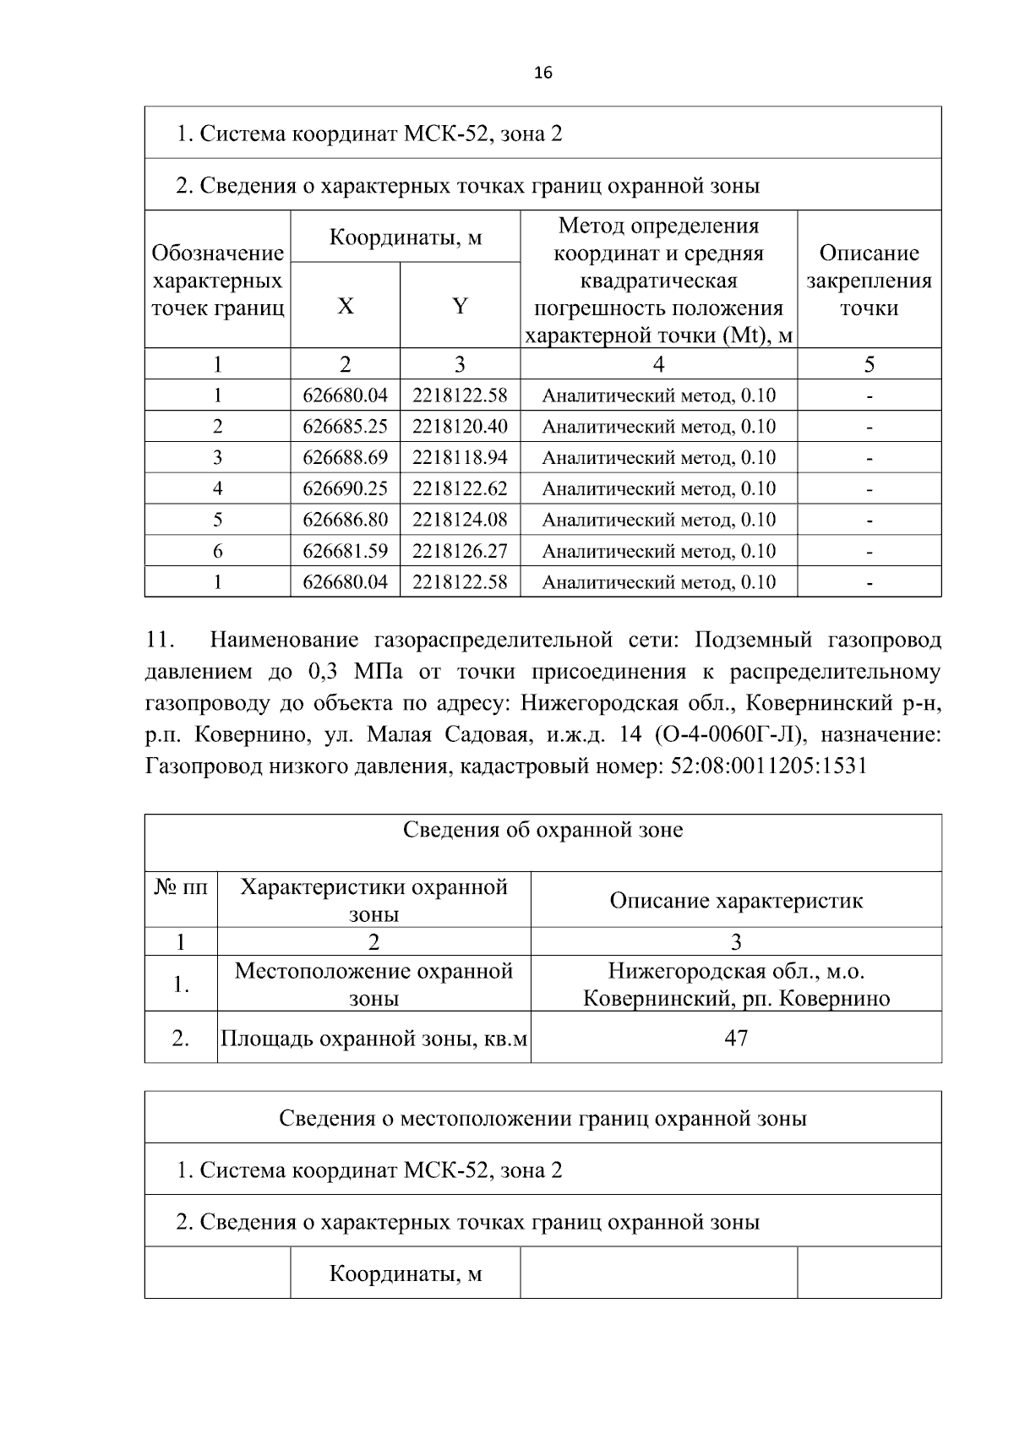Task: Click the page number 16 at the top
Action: pos(543,74)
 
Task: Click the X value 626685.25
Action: pos(345,427)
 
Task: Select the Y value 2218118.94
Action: pos(460,458)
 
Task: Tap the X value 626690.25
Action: pos(345,488)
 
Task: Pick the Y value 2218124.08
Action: pos(460,520)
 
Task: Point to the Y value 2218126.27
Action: pos(460,551)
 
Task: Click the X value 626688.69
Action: pos(345,458)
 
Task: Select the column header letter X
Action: pos(345,306)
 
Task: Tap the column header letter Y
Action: pos(460,306)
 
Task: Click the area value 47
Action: pos(736,1038)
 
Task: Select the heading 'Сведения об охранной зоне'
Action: pos(542,831)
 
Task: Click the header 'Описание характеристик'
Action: pos(736,901)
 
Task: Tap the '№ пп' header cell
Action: pos(181,888)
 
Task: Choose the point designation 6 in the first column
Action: pos(217,551)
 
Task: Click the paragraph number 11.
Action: pos(158,641)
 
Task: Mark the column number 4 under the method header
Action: pos(658,364)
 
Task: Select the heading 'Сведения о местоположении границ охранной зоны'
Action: pos(542,1119)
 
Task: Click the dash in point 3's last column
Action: pos(869,459)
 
